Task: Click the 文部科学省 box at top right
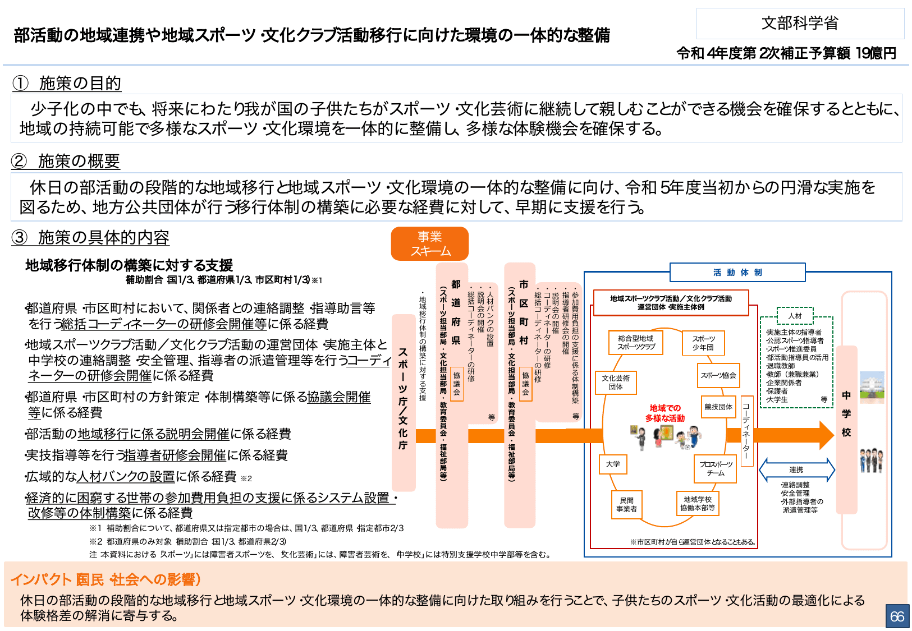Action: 800,23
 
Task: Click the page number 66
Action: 897,616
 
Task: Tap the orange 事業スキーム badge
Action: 430,244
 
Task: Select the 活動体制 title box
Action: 737,273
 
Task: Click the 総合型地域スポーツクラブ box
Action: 636,343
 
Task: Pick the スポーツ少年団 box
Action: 703,343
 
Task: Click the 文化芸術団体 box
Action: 616,383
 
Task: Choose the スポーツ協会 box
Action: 718,375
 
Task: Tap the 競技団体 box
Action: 718,407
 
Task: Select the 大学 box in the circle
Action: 613,464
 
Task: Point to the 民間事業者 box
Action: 626,505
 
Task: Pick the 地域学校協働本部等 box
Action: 698,504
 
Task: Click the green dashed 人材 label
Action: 795,316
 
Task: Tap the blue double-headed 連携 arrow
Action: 796,470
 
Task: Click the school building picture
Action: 872,386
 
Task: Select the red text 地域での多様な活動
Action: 665,413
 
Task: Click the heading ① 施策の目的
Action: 67,84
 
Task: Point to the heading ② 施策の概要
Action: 66,162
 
